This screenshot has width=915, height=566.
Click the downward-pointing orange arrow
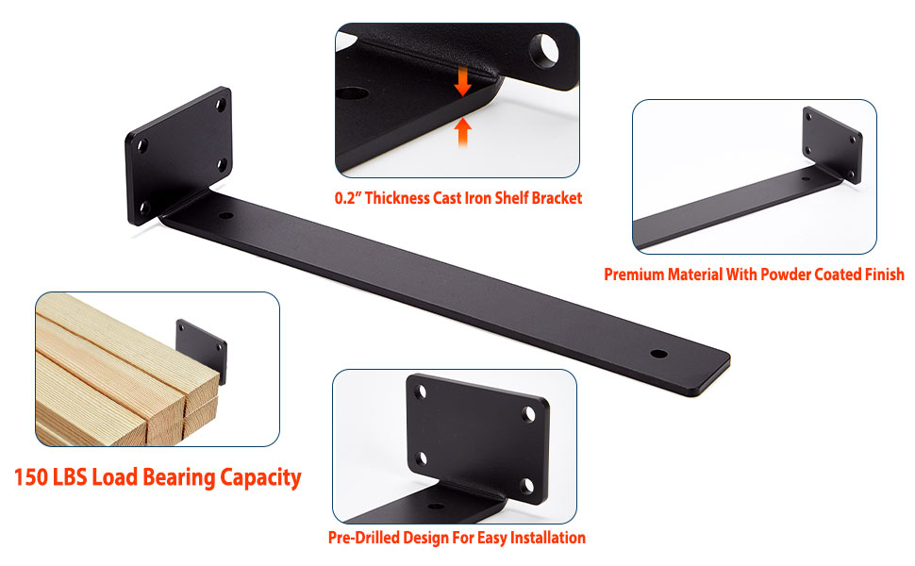[x=462, y=81]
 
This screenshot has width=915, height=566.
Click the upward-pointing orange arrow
[x=462, y=131]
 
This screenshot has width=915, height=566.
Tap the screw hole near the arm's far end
[x=658, y=356]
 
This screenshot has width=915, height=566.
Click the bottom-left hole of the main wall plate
[x=141, y=207]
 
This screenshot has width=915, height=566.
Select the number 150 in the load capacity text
[x=35, y=477]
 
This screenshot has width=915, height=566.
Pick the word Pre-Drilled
[x=363, y=538]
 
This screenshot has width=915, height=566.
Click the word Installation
[x=548, y=538]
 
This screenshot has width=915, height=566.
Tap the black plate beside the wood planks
[x=202, y=352]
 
